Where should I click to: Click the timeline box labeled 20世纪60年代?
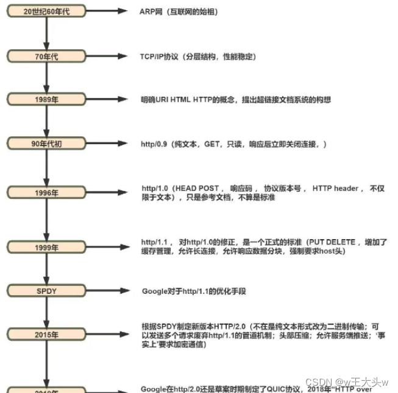47,12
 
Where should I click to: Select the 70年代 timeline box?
47,56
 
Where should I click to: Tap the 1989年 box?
47,99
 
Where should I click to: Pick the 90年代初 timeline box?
47,143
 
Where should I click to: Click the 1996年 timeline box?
47,193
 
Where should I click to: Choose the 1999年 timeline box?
47,247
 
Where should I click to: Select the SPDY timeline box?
47,291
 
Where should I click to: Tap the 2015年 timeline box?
47,335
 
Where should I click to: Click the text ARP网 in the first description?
151,12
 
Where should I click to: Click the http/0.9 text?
155,144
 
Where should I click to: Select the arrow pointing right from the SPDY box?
109,291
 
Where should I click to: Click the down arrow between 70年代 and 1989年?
47,77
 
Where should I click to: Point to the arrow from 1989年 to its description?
109,99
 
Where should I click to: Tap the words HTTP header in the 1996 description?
335,189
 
